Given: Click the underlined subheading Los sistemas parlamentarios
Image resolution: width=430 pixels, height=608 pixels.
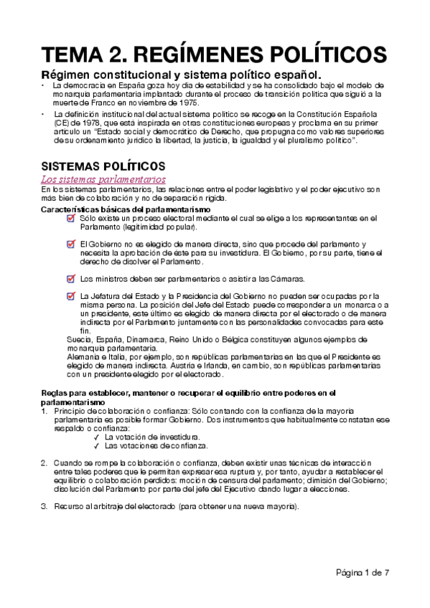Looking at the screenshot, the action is point(103,178).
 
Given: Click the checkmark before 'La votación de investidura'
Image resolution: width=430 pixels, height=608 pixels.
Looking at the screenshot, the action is point(96,436).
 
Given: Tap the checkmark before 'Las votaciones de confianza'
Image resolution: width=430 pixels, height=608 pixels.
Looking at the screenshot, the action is point(96,445).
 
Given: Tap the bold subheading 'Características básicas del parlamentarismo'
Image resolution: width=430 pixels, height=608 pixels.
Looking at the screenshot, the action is point(126,209).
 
